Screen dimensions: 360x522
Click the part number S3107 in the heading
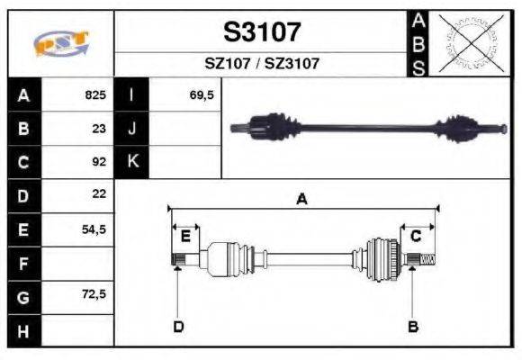click(261, 33)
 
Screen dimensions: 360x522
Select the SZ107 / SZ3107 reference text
click(262, 64)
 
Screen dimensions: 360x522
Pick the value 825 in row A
click(95, 95)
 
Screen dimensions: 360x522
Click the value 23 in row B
click(99, 129)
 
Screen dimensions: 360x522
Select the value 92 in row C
click(99, 162)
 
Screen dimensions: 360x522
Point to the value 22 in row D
click(99, 194)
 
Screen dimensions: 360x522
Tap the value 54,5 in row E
click(94, 229)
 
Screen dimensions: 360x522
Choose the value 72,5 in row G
click(94, 294)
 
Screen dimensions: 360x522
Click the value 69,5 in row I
click(202, 95)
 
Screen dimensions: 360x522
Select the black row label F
click(23, 264)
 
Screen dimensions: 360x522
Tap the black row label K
click(132, 162)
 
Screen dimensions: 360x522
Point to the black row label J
click(132, 129)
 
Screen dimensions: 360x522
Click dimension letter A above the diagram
click(302, 200)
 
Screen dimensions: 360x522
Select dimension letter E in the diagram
click(184, 237)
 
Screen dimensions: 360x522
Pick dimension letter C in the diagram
click(416, 237)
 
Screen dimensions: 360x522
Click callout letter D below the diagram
click(178, 326)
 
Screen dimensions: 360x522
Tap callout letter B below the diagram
click(413, 326)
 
